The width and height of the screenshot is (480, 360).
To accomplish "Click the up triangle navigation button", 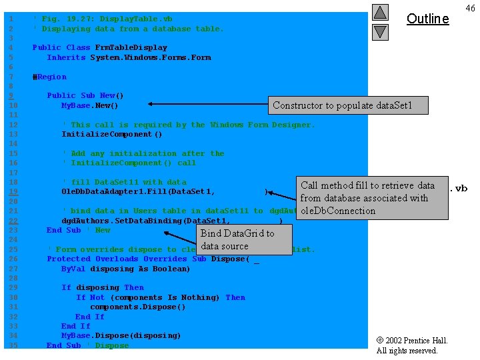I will pyautogui.click(x=380, y=12).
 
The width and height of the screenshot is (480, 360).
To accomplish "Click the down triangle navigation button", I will pyautogui.click(x=380, y=31).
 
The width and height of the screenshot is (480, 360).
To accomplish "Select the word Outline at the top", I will pyautogui.click(x=427, y=19).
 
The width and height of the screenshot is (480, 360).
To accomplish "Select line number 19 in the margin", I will pyautogui.click(x=13, y=192).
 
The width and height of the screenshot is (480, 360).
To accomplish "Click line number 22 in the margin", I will pyautogui.click(x=13, y=221).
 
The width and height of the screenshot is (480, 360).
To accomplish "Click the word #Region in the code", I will pyautogui.click(x=49, y=77).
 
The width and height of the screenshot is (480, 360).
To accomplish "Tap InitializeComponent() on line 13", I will pyautogui.click(x=111, y=134).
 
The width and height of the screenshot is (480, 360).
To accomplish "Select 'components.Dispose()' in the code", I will pyautogui.click(x=137, y=307).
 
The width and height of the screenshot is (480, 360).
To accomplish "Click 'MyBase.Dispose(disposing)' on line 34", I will pyautogui.click(x=121, y=335).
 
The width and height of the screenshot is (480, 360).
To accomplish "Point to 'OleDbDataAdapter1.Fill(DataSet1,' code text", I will pyautogui.click(x=138, y=192).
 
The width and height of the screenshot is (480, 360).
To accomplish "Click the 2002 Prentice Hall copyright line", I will pyautogui.click(x=412, y=341).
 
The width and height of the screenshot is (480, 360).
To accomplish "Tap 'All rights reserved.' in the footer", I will pyautogui.click(x=407, y=351).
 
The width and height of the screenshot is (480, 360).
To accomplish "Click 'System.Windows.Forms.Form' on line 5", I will pyautogui.click(x=151, y=57).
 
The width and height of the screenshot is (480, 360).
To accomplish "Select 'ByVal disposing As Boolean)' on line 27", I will pyautogui.click(x=125, y=269).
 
